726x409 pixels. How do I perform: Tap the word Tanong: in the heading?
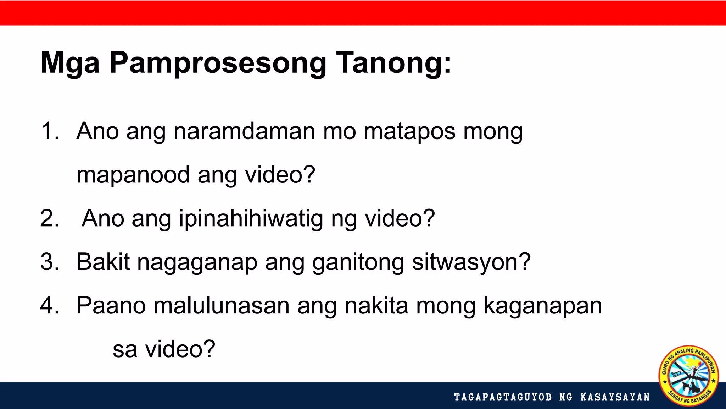point(393,63)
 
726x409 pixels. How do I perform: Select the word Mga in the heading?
point(70,63)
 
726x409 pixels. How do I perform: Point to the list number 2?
point(49,218)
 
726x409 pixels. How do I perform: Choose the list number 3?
point(49,262)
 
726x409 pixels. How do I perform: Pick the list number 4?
point(49,306)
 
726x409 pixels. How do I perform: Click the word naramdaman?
point(244,131)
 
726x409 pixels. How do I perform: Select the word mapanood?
point(133,175)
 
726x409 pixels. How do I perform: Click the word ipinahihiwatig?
point(251,218)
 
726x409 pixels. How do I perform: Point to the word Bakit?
point(103,262)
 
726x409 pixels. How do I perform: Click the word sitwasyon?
point(471,262)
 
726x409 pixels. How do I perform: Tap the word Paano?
point(111,306)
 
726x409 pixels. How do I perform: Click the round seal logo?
point(688,375)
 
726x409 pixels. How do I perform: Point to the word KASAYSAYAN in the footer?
point(615,397)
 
